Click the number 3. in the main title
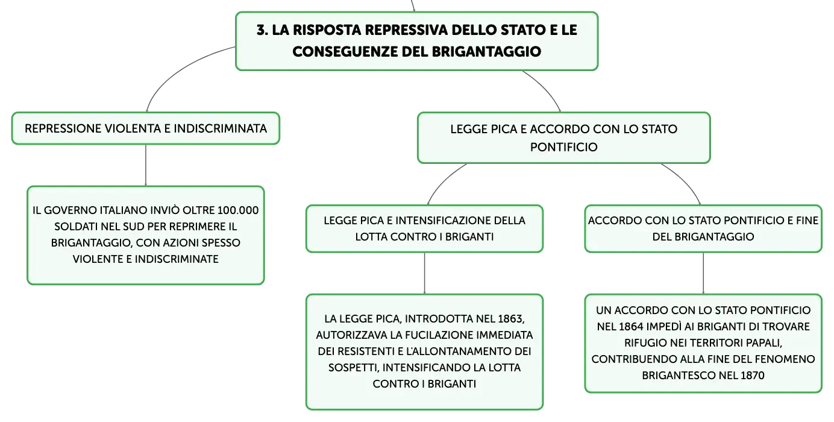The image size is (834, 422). [262, 30]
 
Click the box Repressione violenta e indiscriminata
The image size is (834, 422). [146, 128]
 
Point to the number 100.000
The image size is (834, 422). [238, 210]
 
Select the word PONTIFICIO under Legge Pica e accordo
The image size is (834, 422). [563, 147]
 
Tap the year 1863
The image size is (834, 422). [510, 319]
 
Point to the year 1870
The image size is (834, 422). [751, 376]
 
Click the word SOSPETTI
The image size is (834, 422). [354, 368]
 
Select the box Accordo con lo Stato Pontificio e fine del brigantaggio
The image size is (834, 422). [703, 228]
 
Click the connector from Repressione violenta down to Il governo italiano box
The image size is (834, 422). [146, 165]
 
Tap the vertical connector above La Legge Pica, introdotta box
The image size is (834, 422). [424, 273]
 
